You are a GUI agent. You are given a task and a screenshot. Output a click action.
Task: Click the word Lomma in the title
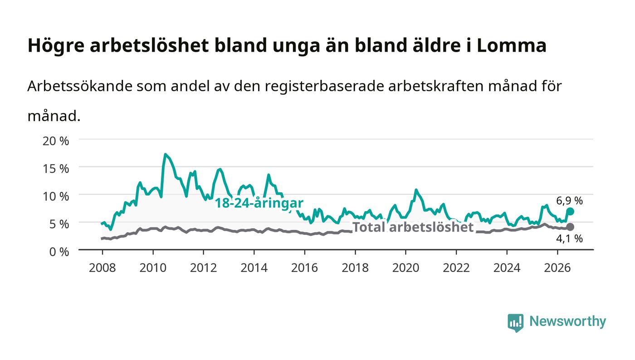point(512,45)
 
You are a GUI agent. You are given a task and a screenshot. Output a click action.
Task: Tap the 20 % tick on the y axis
point(55,141)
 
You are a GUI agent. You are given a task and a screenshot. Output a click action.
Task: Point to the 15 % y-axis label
point(55,169)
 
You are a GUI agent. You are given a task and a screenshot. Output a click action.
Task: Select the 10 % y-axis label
point(55,196)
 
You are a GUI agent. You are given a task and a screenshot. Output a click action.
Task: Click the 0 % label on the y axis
point(59,252)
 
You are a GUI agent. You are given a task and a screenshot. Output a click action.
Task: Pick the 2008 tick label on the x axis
point(103,268)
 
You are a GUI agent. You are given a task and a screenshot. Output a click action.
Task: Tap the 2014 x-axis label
point(254,268)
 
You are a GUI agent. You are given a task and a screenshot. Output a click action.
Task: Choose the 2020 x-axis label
point(405,268)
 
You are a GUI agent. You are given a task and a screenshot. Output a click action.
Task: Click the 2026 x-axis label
point(557,268)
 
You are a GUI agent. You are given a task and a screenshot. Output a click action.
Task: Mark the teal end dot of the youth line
point(571,211)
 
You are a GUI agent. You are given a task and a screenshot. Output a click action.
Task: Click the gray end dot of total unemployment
point(571,227)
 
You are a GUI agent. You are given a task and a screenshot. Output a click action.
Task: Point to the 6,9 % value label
point(569,201)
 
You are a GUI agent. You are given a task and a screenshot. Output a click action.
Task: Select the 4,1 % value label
point(569,238)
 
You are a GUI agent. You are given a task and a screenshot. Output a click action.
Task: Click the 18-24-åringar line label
point(259,203)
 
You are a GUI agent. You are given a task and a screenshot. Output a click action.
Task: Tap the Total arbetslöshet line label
point(413,227)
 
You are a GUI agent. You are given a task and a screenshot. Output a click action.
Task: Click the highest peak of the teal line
point(165,154)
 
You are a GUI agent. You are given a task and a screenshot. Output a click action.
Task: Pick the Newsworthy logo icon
point(515,323)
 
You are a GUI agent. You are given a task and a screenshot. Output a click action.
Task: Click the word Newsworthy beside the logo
point(567,321)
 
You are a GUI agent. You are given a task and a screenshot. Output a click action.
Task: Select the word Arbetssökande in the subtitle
point(80,86)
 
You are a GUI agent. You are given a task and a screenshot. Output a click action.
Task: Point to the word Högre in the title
point(56,46)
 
